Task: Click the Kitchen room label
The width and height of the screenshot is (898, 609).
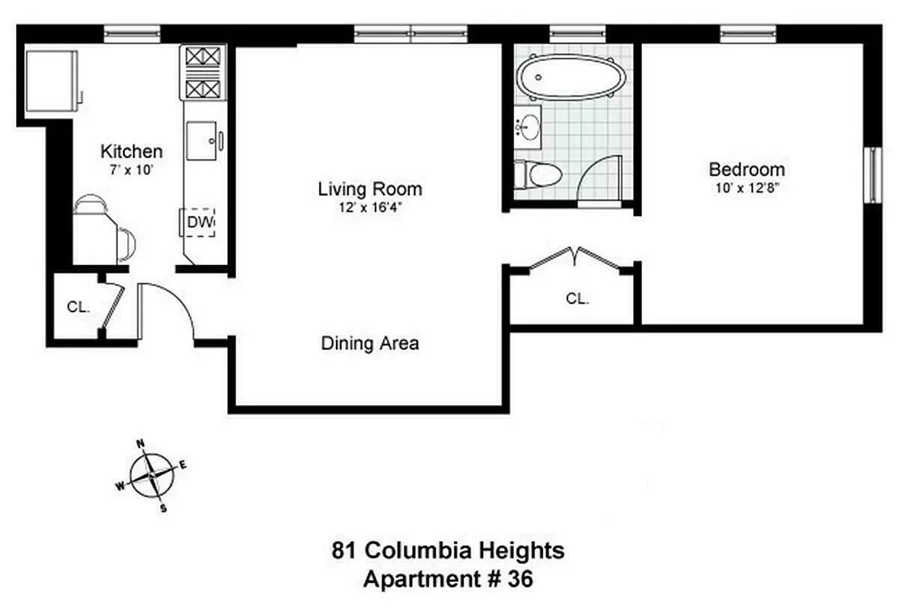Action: pyautogui.click(x=132, y=151)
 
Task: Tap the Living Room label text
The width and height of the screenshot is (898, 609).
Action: pyautogui.click(x=369, y=189)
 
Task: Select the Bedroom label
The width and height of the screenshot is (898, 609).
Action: pyautogui.click(x=746, y=169)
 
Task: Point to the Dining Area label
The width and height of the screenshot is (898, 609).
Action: pyautogui.click(x=369, y=343)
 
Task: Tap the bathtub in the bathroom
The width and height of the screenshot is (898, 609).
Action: pyautogui.click(x=570, y=78)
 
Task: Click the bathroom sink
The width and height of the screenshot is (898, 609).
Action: pyautogui.click(x=528, y=129)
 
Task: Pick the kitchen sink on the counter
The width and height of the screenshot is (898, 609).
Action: pyautogui.click(x=203, y=140)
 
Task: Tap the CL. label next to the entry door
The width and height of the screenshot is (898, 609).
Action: pyautogui.click(x=78, y=308)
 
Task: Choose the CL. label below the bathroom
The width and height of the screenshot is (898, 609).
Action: pyautogui.click(x=577, y=299)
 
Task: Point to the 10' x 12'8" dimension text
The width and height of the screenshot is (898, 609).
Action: pyautogui.click(x=746, y=187)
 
